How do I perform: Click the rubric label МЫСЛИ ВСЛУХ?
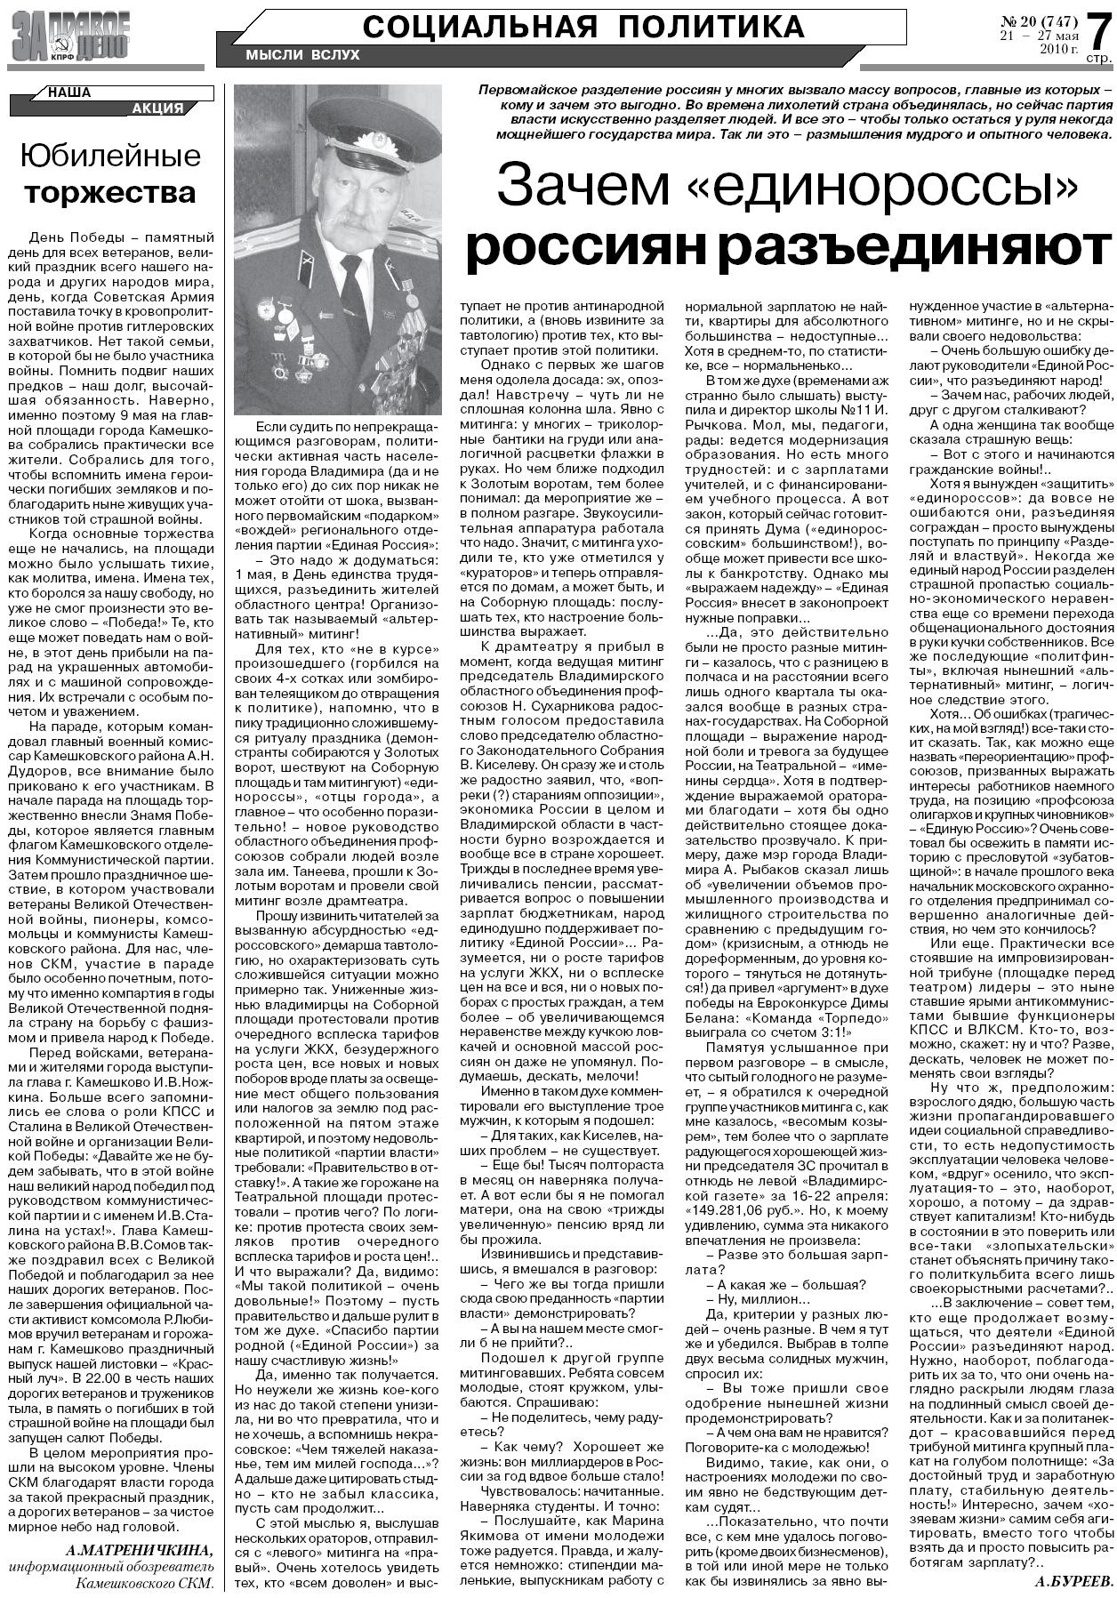[302, 55]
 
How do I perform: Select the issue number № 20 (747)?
[1038, 20]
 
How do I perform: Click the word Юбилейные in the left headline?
[111, 157]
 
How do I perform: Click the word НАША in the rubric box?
[68, 92]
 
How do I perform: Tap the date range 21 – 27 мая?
[1039, 36]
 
